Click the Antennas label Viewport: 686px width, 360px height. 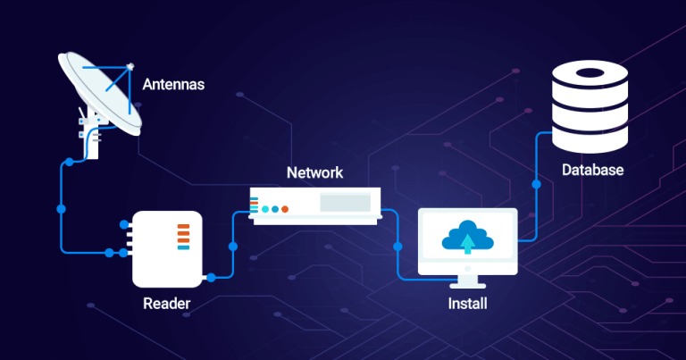(173, 86)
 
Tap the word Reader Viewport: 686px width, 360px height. (166, 304)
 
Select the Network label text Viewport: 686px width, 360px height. (314, 172)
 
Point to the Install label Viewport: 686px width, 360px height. (467, 304)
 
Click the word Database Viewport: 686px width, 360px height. (592, 170)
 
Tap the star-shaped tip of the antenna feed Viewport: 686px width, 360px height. (130, 65)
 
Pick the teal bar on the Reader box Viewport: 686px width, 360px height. (183, 247)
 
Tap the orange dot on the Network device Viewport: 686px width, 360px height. (285, 209)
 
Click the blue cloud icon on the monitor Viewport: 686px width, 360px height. (468, 235)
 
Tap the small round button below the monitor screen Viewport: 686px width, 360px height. (467, 266)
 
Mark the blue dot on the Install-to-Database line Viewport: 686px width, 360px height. (536, 186)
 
